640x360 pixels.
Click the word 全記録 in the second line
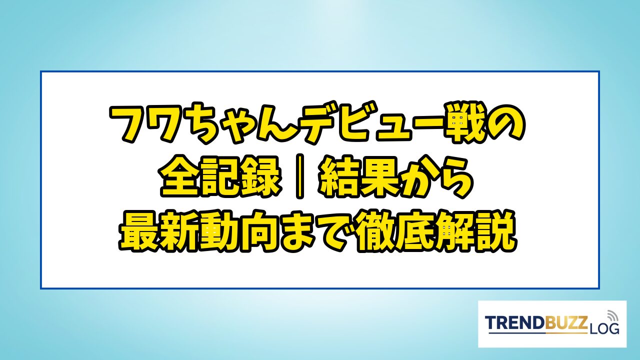tap(219, 176)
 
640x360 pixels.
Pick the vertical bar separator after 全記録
tap(299, 176)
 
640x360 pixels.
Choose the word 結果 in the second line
tap(360, 176)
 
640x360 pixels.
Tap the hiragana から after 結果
tap(437, 176)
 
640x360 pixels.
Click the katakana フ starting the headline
tap(129, 125)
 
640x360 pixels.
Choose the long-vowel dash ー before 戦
tap(419, 125)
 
